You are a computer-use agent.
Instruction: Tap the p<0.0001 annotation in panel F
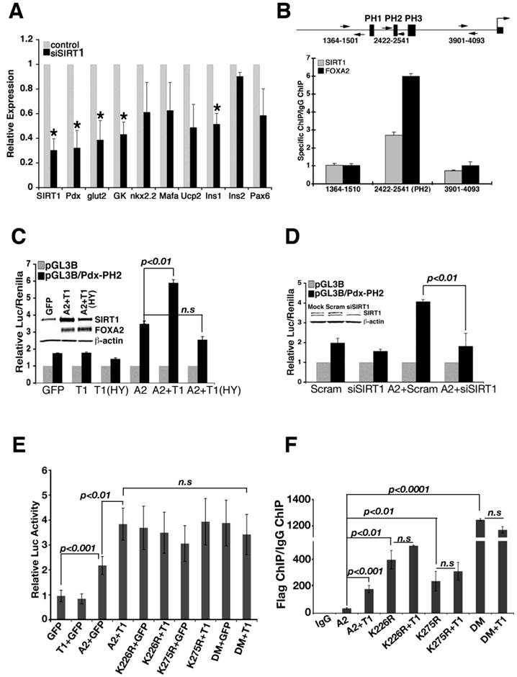413,489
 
